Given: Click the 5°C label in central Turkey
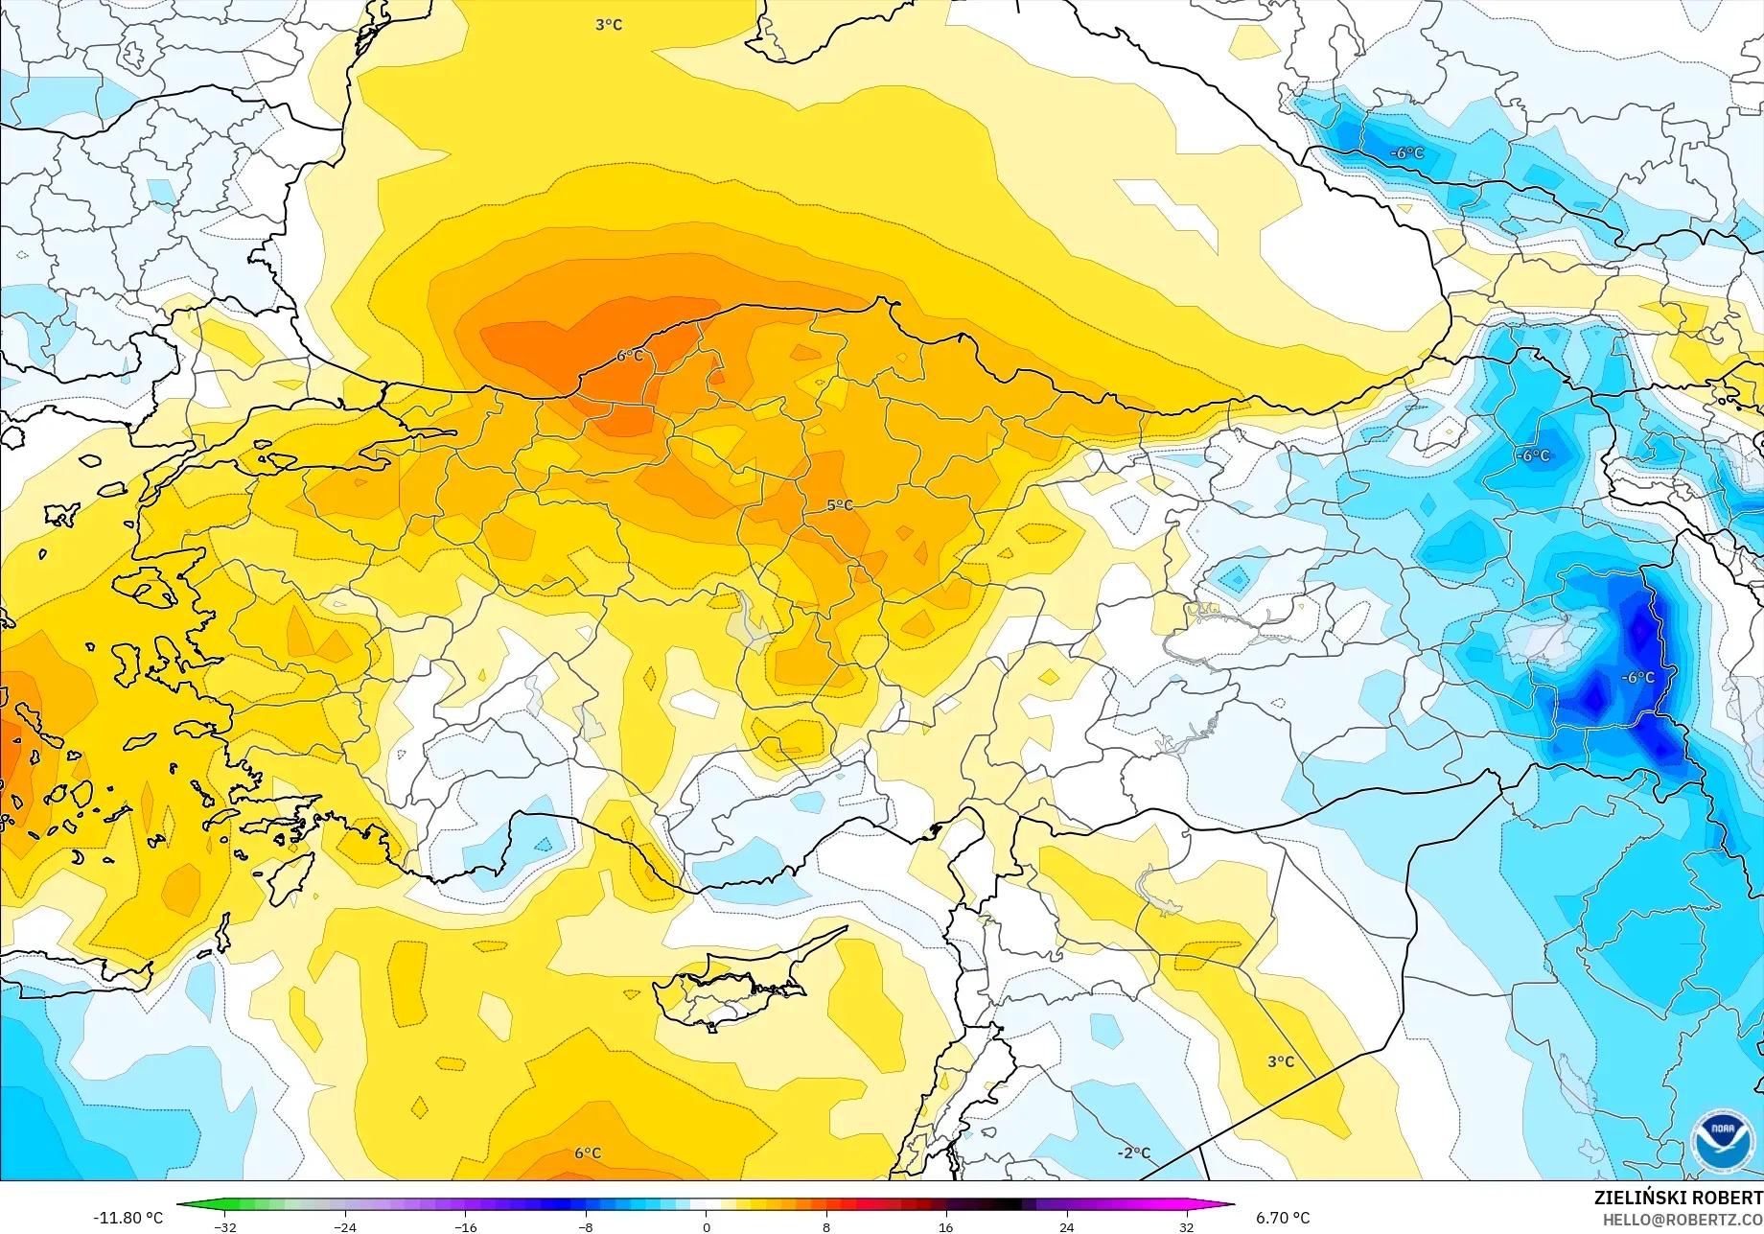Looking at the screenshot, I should coord(840,505).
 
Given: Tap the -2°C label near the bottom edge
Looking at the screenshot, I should coord(1134,1153).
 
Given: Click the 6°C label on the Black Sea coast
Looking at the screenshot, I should coord(630,356).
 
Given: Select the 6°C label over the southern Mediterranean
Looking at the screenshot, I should coord(588,1153).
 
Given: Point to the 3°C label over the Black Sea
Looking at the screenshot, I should coord(609,25).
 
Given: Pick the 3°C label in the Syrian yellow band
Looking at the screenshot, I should coord(1281,1061).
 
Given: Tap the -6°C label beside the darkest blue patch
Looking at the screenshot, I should coord(1637,677).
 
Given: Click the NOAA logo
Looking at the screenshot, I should coord(1722,1141).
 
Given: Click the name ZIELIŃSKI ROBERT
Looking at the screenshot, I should coord(1678,1198).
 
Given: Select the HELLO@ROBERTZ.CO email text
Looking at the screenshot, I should coord(1683,1219).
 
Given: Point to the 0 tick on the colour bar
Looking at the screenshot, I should coord(707,1227).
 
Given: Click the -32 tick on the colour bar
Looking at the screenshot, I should coord(225,1227).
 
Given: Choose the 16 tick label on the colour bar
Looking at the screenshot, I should coord(946,1227).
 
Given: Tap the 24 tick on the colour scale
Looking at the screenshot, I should coord(1066,1227).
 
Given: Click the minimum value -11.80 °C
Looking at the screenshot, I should coord(128,1218).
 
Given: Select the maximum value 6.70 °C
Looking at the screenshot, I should coord(1283,1218).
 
